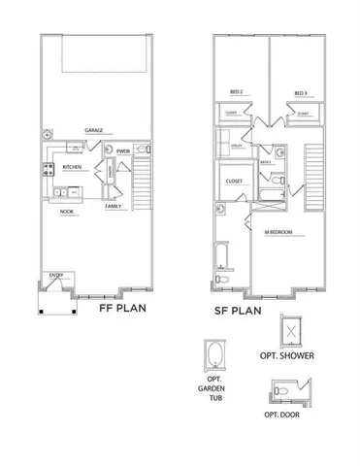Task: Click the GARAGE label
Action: click(x=94, y=130)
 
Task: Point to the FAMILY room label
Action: click(x=114, y=206)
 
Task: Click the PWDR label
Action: click(x=123, y=151)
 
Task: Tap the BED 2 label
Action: click(x=235, y=93)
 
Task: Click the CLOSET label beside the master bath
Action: click(x=235, y=181)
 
